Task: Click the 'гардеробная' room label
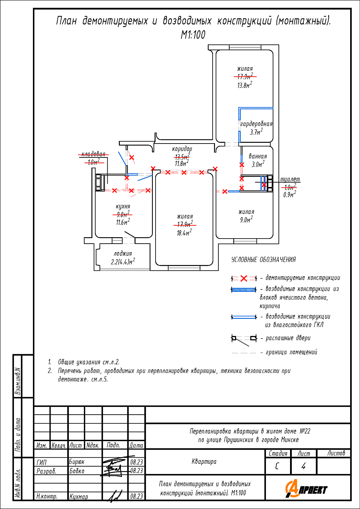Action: coord(256,124)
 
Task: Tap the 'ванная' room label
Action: coord(258,156)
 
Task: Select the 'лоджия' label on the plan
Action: coord(123,253)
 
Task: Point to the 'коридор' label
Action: coord(182,149)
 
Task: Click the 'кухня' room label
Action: coord(123,206)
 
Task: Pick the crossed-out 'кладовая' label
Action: coord(93,154)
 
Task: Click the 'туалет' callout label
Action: coord(290,179)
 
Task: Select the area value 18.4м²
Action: coord(184,233)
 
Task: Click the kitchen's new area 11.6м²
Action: coord(123,222)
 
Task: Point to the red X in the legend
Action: coord(244,278)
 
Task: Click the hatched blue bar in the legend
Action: coord(244,290)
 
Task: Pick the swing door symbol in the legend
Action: coord(244,340)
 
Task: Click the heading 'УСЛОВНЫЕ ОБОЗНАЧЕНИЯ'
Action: coord(264,260)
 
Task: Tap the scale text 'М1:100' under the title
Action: coord(193,35)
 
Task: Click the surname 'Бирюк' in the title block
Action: coord(77,462)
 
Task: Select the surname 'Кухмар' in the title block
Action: coord(79,496)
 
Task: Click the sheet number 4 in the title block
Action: coord(303,466)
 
